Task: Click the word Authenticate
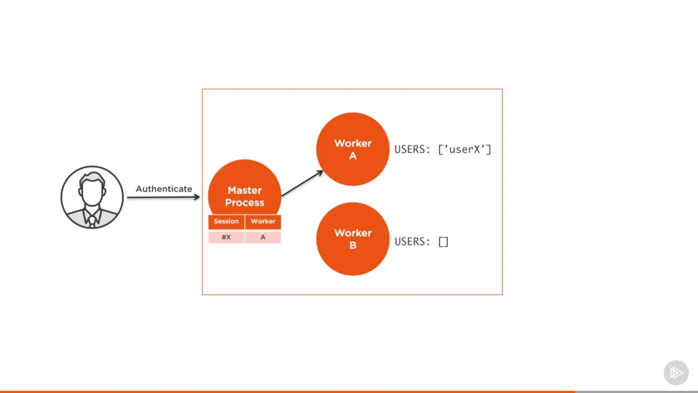(164, 189)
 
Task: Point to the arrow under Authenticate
(163, 197)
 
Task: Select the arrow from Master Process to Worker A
(302, 183)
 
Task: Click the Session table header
(226, 221)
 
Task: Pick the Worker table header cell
(263, 221)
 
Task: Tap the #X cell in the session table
(226, 237)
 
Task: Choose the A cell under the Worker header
(263, 237)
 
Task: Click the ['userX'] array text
(465, 150)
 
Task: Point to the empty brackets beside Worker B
(443, 242)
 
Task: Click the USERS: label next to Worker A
(412, 150)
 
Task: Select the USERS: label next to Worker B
(412, 242)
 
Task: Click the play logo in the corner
(676, 373)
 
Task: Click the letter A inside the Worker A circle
(353, 156)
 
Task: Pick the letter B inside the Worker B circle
(353, 245)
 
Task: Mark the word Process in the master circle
(245, 203)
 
